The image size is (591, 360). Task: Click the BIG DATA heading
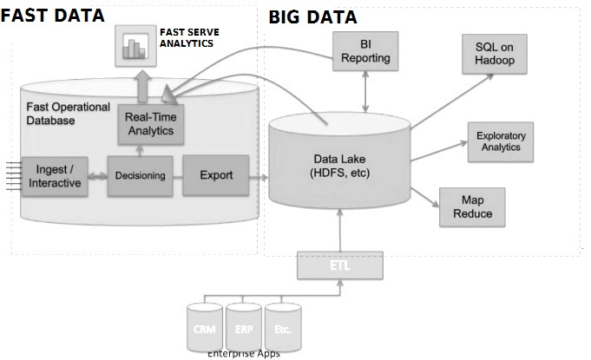pos(312,16)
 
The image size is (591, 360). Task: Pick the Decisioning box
pos(140,176)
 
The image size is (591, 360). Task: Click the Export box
pos(216,175)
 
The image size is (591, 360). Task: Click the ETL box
pos(339,266)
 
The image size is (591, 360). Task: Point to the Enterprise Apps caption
pos(244,353)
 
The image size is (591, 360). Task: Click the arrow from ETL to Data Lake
pos(340,233)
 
